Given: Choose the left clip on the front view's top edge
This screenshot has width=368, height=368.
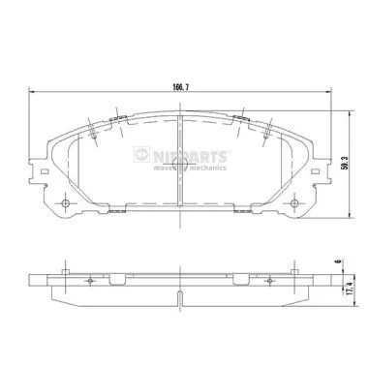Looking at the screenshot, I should click(119, 120).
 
